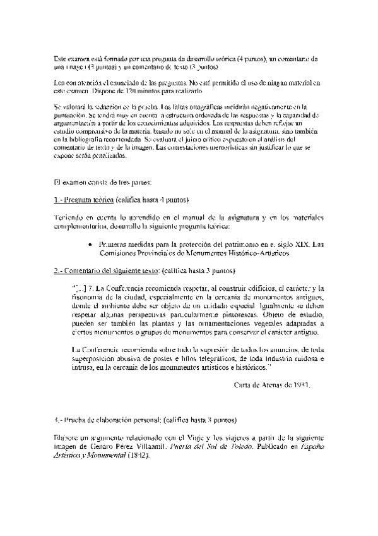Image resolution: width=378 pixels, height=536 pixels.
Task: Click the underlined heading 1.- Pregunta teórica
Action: (84, 200)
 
